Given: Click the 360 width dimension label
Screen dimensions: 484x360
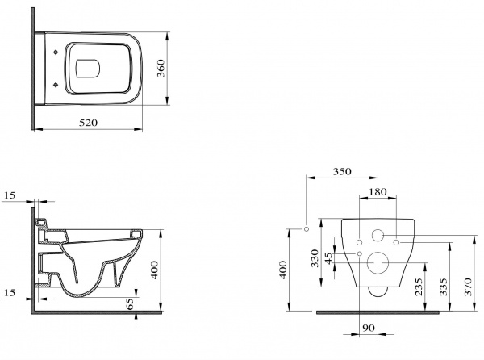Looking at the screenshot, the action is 161,69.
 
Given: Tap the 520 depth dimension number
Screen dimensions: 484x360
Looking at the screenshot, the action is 88,123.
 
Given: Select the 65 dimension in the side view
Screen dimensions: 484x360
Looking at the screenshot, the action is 130,303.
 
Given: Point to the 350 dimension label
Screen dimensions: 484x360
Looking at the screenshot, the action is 342,171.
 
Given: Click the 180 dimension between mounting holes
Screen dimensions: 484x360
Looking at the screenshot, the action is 378,192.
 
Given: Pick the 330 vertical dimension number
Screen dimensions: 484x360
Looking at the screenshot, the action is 315,258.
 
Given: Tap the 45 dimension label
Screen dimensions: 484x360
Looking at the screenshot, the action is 329,258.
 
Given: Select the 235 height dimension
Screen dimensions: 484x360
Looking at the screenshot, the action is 419,287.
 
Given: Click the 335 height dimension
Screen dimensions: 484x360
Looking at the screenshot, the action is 444,287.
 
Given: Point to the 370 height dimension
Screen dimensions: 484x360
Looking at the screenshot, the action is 468,287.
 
